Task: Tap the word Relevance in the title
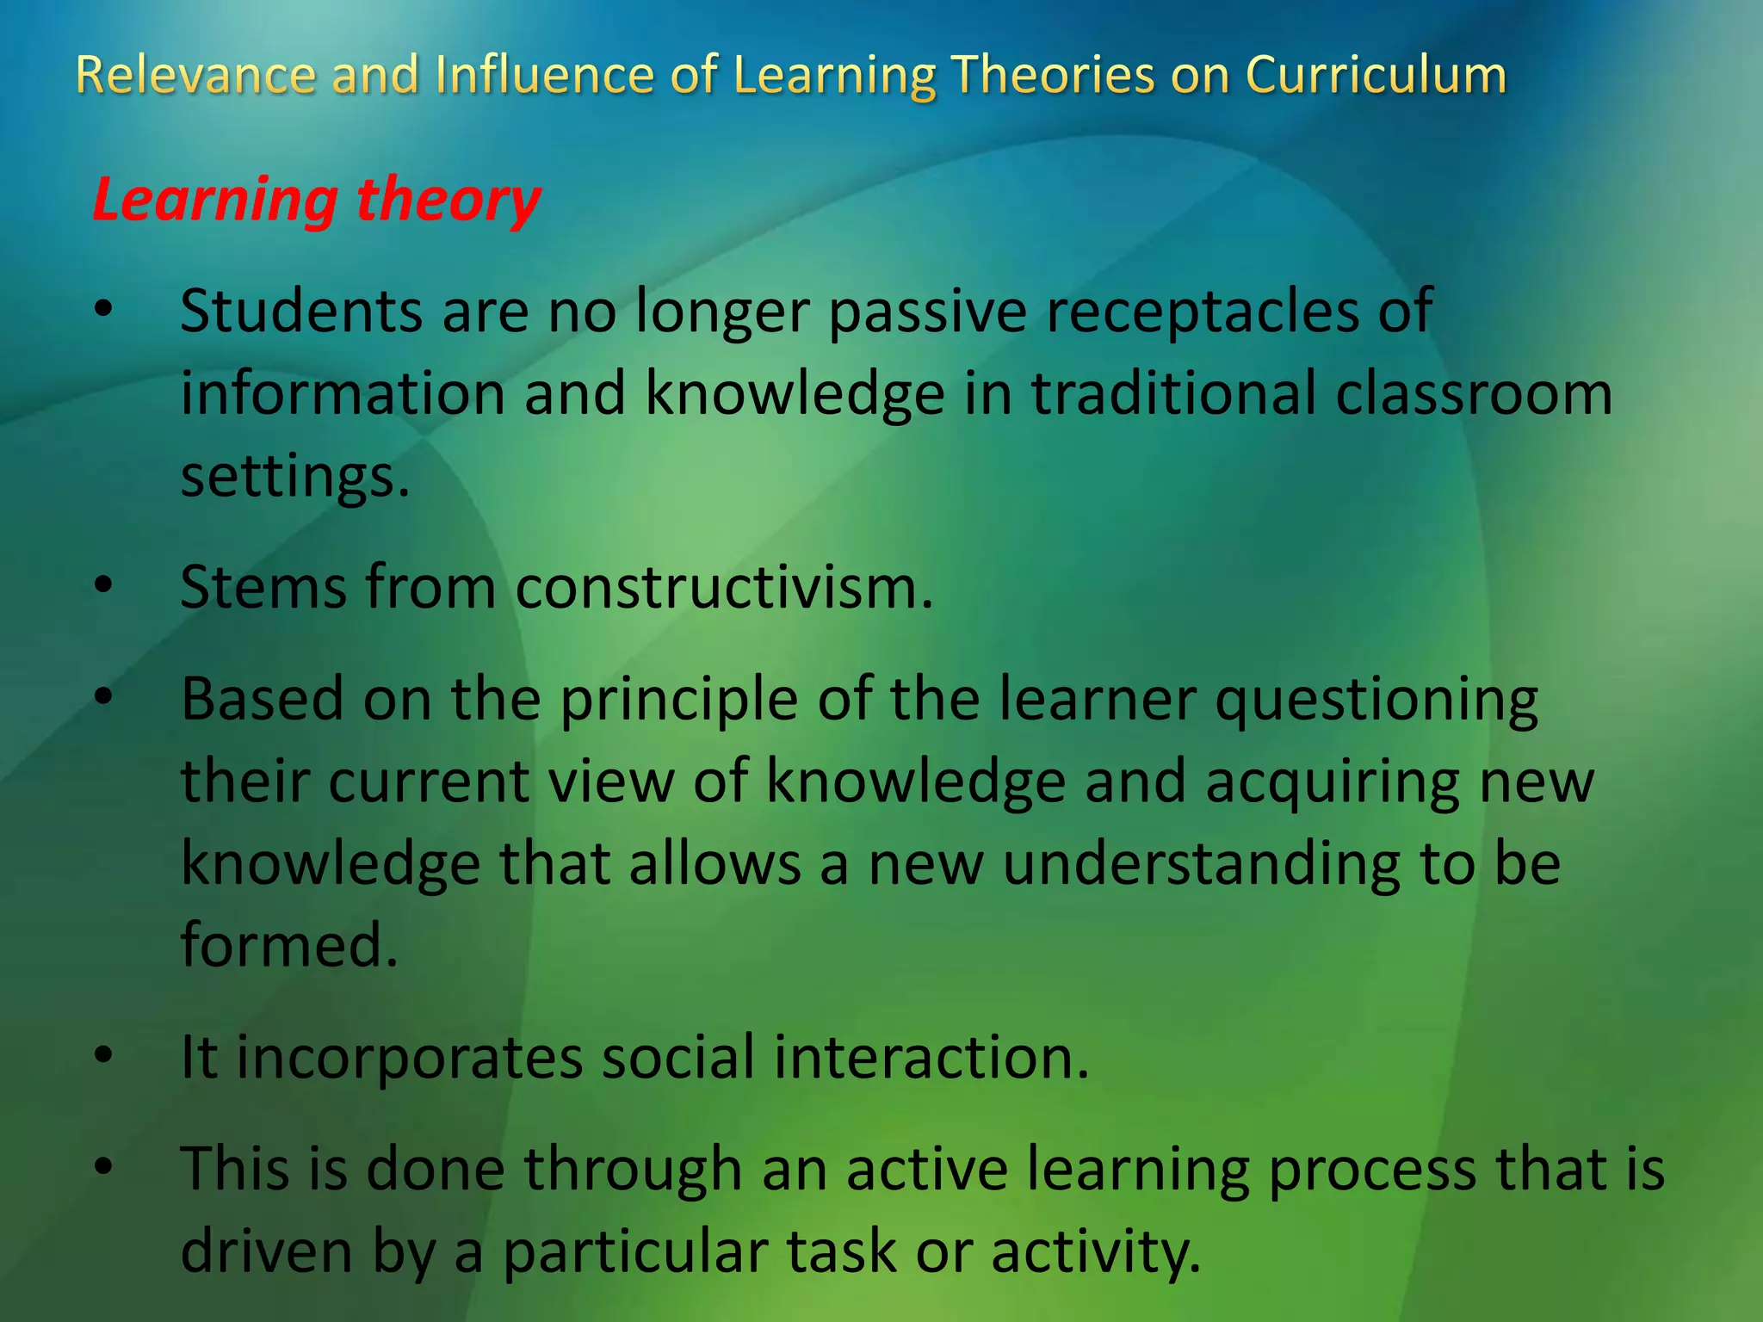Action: [x=195, y=76]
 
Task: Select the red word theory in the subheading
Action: [x=448, y=201]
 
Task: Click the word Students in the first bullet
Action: [x=301, y=311]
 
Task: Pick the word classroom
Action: [x=1473, y=394]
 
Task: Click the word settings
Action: [x=294, y=477]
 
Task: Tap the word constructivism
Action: [x=724, y=588]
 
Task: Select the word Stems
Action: [x=263, y=588]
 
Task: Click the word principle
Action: [x=678, y=700]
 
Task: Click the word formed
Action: [x=289, y=945]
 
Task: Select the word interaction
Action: [x=931, y=1058]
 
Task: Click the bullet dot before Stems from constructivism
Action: [x=104, y=586]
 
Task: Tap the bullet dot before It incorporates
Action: [x=104, y=1056]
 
